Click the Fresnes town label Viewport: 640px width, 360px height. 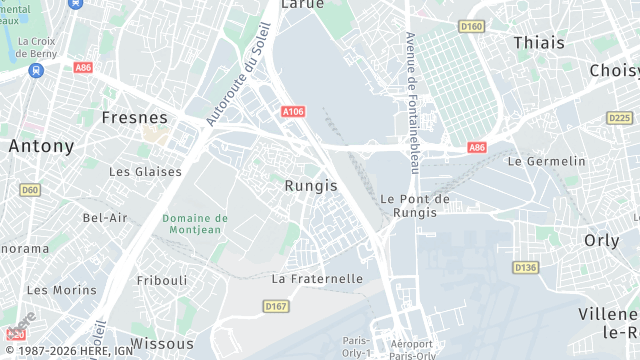[x=134, y=117]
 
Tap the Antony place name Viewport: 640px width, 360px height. [x=41, y=146]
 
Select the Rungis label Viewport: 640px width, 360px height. [x=311, y=185]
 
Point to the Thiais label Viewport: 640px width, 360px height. [x=538, y=43]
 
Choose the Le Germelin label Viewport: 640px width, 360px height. [x=546, y=161]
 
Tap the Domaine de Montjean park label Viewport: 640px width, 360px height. [x=195, y=225]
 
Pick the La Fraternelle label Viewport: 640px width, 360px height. [x=317, y=279]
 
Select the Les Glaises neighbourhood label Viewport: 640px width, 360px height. [x=145, y=172]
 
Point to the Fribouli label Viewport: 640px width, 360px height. [x=162, y=280]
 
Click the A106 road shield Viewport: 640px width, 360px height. [x=292, y=113]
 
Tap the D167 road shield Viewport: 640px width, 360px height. [x=276, y=305]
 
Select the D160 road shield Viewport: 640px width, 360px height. [x=470, y=26]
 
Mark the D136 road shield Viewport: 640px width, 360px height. [x=525, y=267]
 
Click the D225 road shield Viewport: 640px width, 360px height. [x=620, y=118]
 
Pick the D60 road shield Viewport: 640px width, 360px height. [x=30, y=189]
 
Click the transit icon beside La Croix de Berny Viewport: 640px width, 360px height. [x=36, y=71]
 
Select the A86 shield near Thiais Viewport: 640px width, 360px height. [x=478, y=148]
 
